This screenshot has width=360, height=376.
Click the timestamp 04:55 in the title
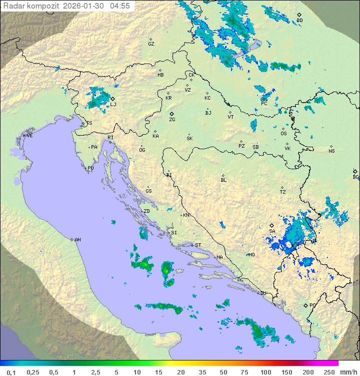point(120,6)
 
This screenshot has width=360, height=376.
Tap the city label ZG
point(172,120)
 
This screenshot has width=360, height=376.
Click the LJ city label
point(113,104)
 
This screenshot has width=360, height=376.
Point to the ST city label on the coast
point(198,245)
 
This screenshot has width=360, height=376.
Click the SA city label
point(272,231)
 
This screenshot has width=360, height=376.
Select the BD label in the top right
point(299,21)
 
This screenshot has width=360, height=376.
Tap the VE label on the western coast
point(29,136)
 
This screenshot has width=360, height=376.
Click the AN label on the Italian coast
point(77,240)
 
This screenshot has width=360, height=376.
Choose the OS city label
point(283,134)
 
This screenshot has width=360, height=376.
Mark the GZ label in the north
point(151,44)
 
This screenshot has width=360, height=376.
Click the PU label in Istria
point(90,168)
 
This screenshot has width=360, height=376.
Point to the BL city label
point(223,180)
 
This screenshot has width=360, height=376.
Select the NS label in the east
point(331,151)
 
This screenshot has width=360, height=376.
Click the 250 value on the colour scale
point(329,372)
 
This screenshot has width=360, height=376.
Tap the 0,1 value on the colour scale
point(11,372)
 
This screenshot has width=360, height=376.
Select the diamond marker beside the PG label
point(305,305)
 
